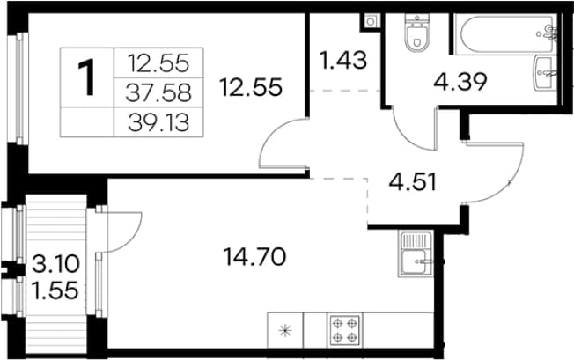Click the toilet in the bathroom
(416, 33)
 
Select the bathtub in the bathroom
(508, 34)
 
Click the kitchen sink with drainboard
(416, 253)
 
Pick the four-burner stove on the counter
(345, 329)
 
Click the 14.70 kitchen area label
(254, 256)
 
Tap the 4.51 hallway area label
(413, 182)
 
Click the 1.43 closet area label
(343, 61)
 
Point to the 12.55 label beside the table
(251, 87)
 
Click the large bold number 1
(87, 77)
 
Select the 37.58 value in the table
(158, 92)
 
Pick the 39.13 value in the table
(158, 122)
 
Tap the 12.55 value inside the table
(158, 62)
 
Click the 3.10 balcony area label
(55, 264)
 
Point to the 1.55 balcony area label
(55, 290)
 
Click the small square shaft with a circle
(370, 22)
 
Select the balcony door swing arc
(136, 238)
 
